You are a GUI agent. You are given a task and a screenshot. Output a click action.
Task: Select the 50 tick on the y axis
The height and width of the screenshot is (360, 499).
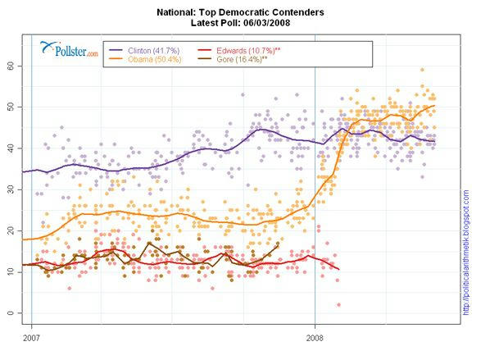11,107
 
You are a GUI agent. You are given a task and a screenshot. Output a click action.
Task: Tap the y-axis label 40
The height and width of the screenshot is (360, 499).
11,148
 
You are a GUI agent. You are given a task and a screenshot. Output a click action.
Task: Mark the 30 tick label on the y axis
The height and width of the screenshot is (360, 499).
11,189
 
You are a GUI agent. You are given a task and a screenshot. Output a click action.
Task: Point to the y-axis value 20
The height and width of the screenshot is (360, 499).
11,230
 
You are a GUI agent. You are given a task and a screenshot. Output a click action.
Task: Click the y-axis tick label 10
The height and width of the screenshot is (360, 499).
11,271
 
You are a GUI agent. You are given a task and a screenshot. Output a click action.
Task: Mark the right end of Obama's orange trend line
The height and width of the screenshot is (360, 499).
435,105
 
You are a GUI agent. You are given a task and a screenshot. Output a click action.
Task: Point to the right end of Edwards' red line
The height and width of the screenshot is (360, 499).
339,269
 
